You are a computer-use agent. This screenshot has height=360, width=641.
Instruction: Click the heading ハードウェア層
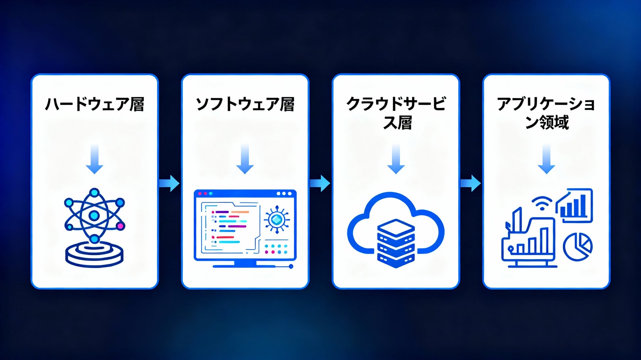click(95, 104)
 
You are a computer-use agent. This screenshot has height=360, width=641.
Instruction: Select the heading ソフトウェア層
click(245, 104)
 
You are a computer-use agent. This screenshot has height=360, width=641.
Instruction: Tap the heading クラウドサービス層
click(396, 113)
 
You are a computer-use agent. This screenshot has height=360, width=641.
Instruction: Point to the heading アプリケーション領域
click(546, 113)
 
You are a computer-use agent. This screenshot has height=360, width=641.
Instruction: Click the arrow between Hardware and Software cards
click(169, 183)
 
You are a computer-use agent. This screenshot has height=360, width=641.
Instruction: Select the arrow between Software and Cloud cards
click(320, 183)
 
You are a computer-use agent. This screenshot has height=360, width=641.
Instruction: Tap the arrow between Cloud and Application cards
click(470, 183)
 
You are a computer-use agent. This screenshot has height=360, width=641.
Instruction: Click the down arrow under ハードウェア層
click(95, 159)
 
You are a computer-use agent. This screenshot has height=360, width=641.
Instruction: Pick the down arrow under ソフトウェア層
click(245, 159)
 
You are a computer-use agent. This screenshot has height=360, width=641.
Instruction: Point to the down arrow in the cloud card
click(396, 159)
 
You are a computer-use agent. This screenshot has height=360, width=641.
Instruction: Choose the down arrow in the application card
click(546, 159)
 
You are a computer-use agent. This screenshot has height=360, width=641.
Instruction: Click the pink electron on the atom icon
click(120, 226)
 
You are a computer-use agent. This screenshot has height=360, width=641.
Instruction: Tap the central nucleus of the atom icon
click(94, 215)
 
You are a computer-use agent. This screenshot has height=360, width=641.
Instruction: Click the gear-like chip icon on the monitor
click(277, 219)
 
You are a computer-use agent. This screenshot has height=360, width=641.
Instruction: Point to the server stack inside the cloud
click(396, 243)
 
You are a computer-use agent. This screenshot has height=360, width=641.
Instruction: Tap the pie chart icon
click(578, 247)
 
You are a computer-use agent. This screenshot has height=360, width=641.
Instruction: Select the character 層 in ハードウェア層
click(137, 104)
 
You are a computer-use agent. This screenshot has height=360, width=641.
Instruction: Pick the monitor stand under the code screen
click(245, 264)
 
